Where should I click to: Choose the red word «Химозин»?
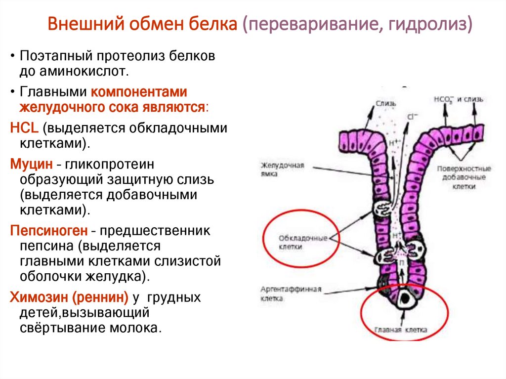39,297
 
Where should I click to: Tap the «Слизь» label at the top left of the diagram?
386,103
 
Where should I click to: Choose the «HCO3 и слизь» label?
459,99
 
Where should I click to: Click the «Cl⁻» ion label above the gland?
412,117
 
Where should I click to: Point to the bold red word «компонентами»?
138,92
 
